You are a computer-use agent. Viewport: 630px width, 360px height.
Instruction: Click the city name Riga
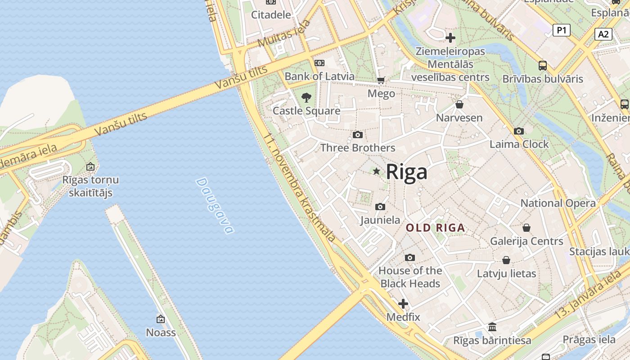tap(406, 172)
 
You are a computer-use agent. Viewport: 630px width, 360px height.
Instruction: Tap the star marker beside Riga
tap(376, 171)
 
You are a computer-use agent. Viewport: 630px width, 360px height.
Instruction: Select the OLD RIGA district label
tap(435, 228)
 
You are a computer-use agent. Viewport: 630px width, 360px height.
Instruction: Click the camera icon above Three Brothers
tap(358, 135)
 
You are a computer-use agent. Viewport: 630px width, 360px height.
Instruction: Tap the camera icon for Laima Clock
tap(519, 131)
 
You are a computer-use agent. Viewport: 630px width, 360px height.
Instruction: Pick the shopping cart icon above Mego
tap(381, 81)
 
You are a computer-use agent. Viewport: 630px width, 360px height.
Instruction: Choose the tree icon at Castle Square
tap(306, 97)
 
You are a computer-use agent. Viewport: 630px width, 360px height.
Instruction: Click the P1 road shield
tap(561, 30)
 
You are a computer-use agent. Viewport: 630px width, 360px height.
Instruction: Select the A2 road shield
tap(603, 34)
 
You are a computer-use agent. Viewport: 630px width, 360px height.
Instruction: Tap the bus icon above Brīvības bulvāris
tap(543, 66)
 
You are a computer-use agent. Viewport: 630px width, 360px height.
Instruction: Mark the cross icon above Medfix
tap(403, 304)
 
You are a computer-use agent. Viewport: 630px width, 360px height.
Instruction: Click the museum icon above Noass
tap(161, 319)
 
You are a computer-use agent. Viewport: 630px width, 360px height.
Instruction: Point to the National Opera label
tap(558, 203)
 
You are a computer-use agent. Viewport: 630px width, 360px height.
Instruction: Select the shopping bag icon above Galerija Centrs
tap(526, 228)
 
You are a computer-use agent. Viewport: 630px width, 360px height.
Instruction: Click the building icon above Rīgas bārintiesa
tap(492, 327)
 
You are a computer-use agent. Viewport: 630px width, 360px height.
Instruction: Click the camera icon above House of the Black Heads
tap(409, 257)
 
